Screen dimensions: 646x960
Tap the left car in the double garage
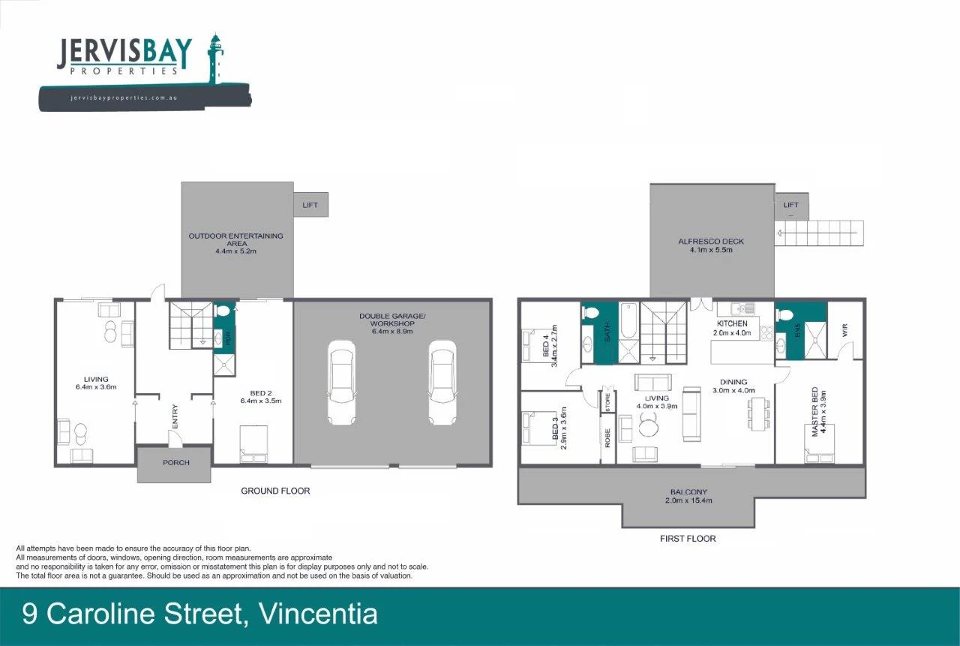[x=340, y=382]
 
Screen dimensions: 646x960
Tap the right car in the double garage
[x=442, y=382]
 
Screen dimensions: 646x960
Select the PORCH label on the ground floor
[x=176, y=462]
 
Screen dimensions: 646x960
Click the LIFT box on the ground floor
[x=310, y=204]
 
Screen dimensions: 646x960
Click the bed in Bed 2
[x=253, y=444]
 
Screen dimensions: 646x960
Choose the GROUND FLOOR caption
[x=275, y=491]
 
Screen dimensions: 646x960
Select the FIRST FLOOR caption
[x=688, y=539]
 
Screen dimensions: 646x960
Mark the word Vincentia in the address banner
[x=318, y=614]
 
